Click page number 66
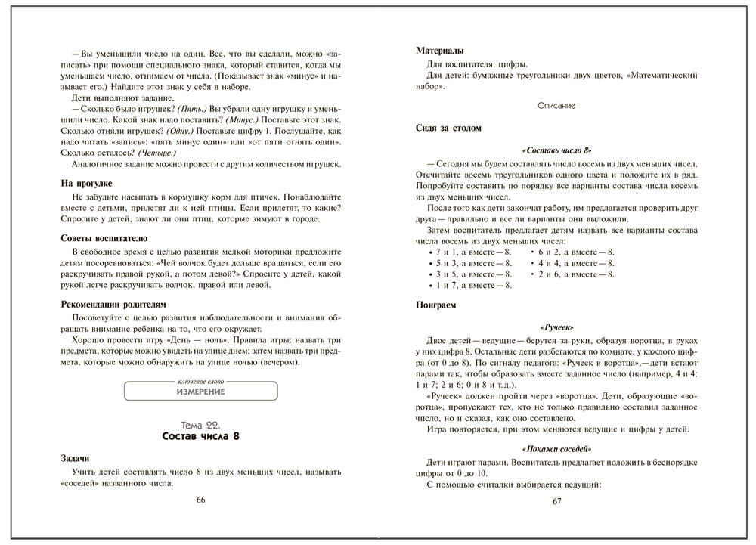(200, 500)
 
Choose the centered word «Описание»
(556, 106)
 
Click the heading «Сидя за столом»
(448, 129)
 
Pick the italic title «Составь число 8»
(556, 151)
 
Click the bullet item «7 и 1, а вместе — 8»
(469, 252)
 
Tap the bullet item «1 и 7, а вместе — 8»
(469, 286)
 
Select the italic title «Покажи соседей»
(556, 448)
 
